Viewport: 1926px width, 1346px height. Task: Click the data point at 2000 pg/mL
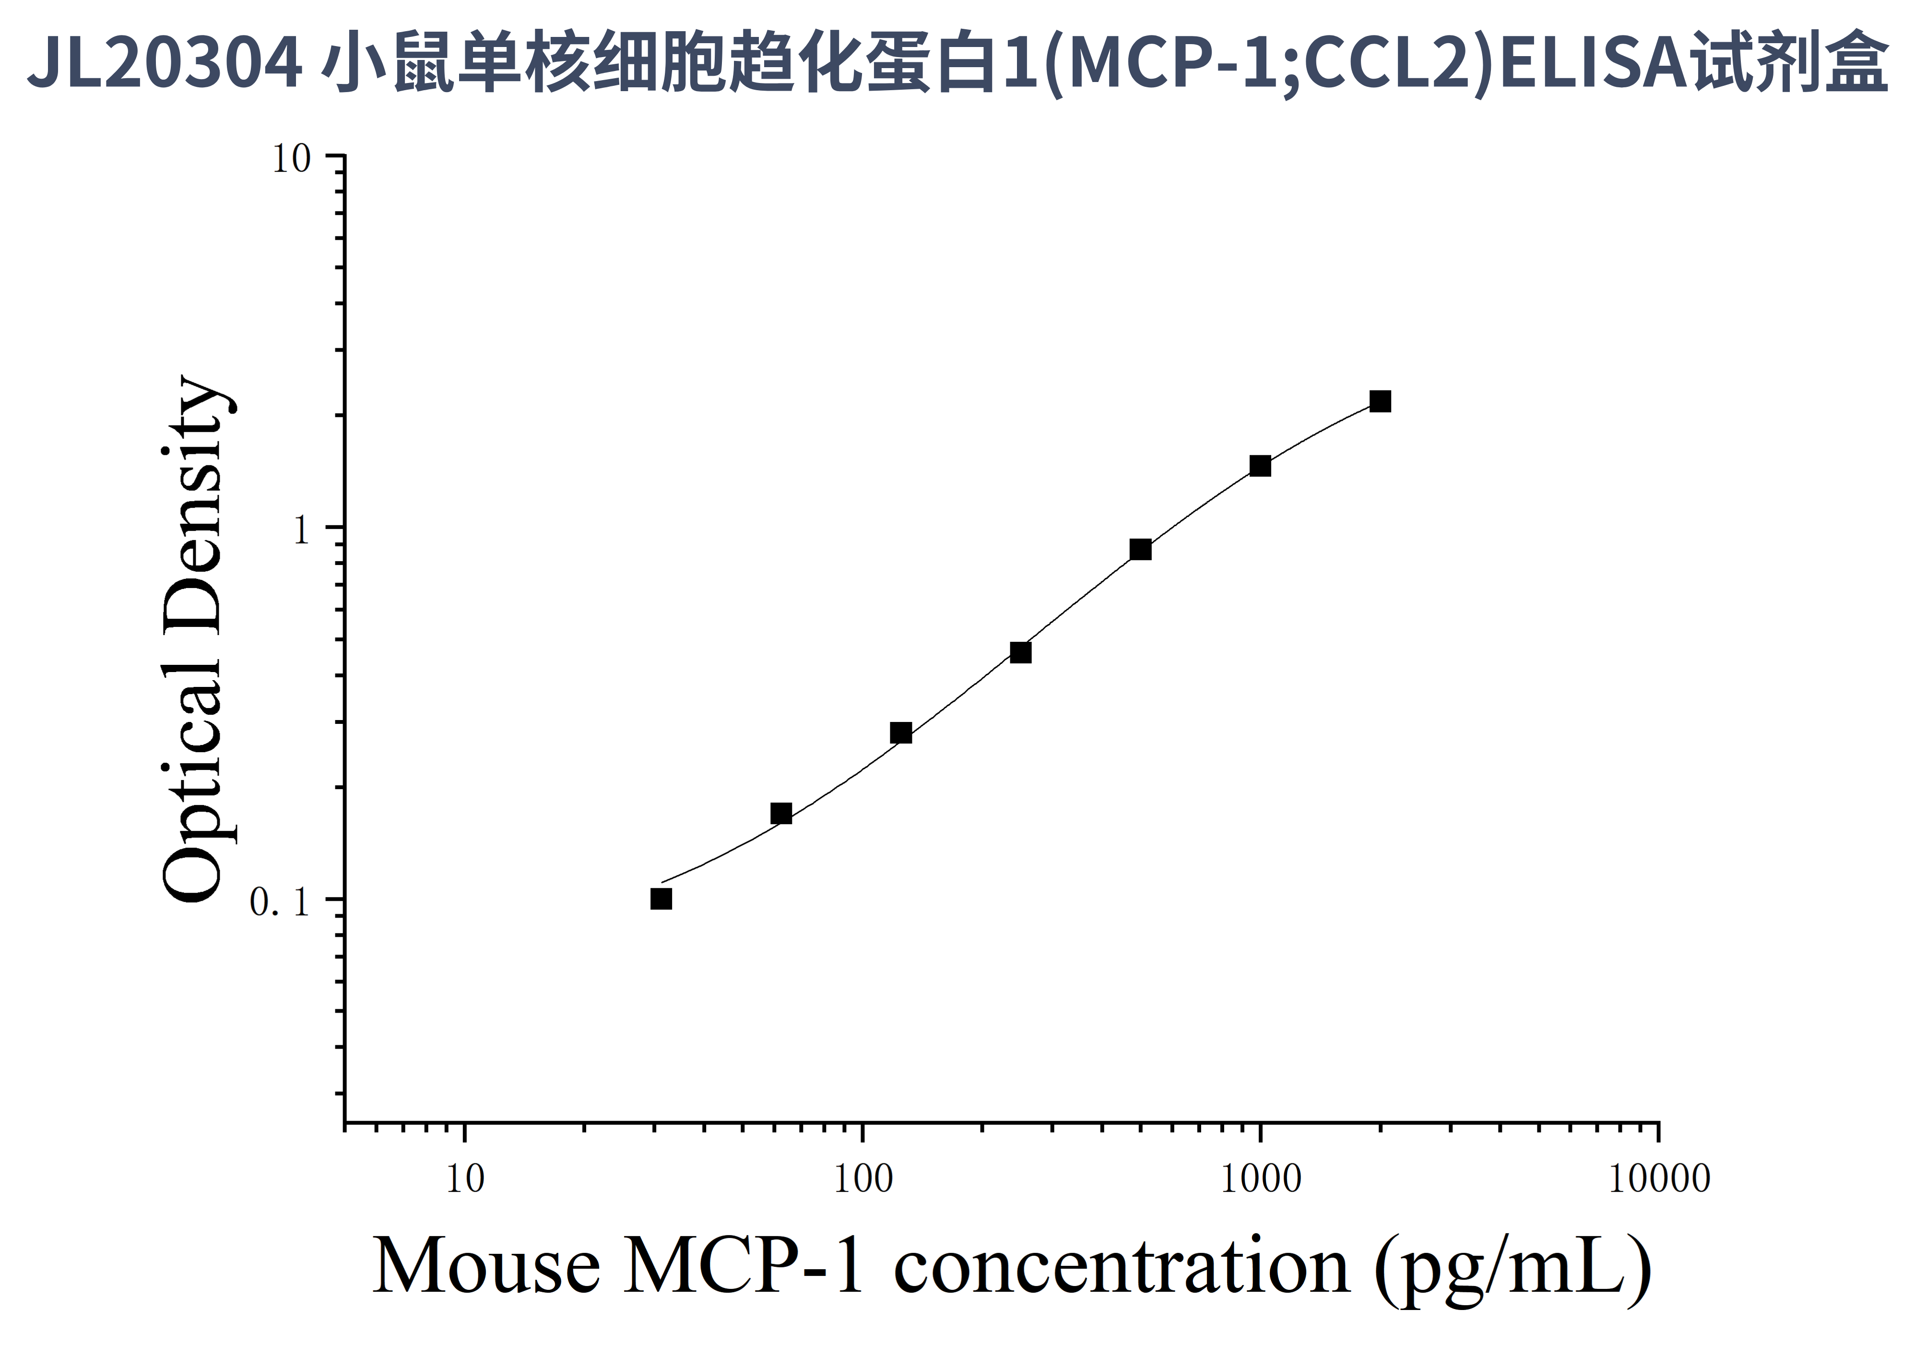click(1380, 401)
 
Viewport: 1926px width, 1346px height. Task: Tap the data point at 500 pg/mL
click(1140, 549)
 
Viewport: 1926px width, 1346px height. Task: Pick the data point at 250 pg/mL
click(1020, 652)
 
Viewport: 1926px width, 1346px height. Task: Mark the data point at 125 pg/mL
click(901, 733)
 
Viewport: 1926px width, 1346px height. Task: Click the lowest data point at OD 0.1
click(661, 899)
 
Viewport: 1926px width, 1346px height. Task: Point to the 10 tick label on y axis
click(291, 158)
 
